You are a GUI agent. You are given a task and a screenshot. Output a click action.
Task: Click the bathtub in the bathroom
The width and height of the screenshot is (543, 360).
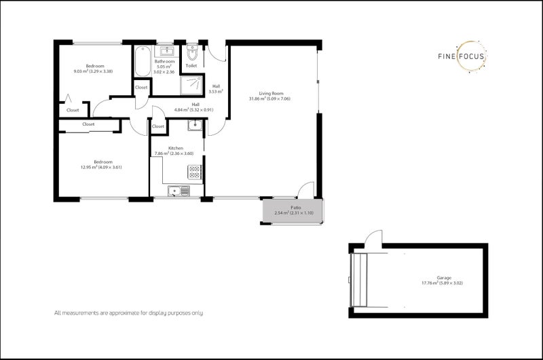[143, 62]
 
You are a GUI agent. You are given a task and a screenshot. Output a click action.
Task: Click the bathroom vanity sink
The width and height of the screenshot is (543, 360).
[166, 52]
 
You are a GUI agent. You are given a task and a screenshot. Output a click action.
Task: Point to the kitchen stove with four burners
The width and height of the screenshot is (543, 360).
[194, 173]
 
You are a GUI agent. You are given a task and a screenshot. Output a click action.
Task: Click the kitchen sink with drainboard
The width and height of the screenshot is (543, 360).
[181, 191]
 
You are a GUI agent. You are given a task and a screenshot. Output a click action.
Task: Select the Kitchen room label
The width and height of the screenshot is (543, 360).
[176, 147]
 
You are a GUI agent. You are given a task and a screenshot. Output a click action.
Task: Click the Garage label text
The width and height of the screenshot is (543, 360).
[445, 278]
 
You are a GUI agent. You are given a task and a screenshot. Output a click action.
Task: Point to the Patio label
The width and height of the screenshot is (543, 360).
[296, 208]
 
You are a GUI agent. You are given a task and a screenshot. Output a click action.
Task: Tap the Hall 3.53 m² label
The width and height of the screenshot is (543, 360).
[216, 88]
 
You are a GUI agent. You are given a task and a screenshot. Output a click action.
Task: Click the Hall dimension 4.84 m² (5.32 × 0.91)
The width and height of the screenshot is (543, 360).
[194, 109]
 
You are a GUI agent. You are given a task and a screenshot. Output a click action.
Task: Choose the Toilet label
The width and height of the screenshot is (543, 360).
[191, 66]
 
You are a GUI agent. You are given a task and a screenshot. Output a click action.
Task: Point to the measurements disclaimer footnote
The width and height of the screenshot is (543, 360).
[129, 313]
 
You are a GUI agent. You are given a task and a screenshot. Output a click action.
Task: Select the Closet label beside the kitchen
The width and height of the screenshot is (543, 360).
[158, 126]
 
